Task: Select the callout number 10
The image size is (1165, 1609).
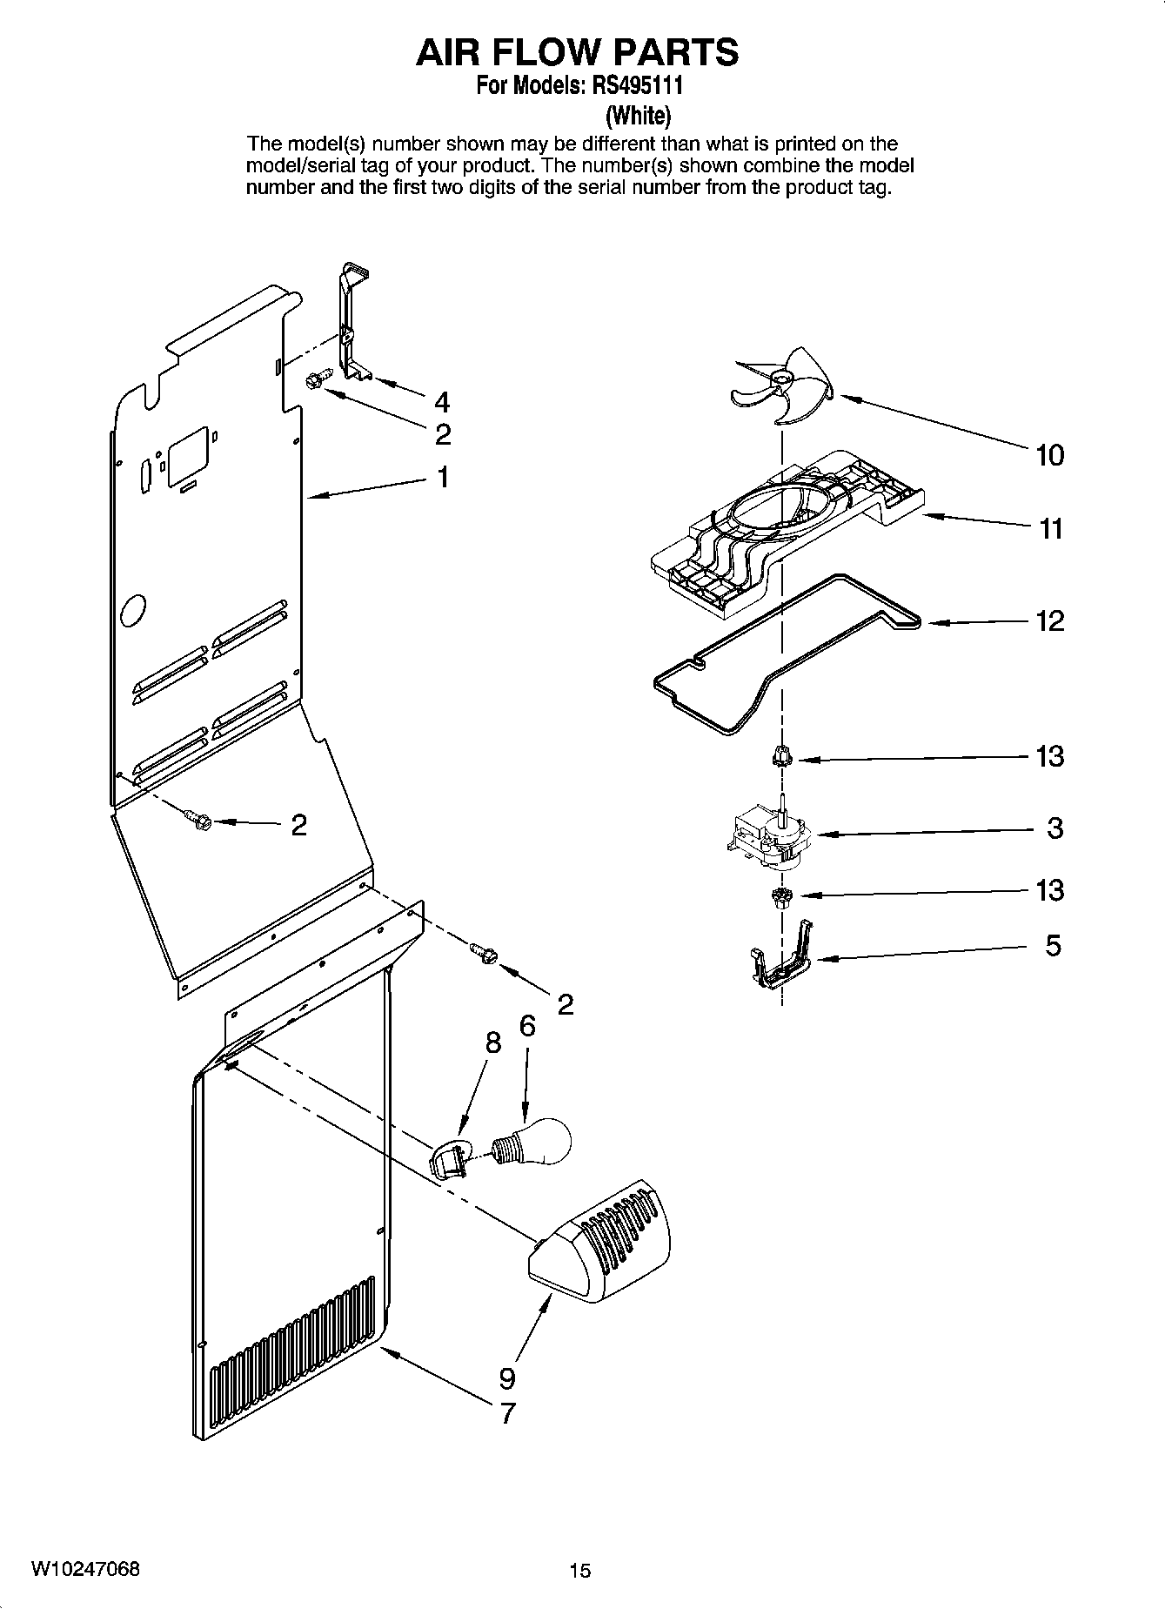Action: tap(1049, 455)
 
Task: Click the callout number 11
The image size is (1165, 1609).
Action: tap(1051, 528)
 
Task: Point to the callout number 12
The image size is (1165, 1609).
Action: tap(1050, 620)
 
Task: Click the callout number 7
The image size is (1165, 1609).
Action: tap(506, 1412)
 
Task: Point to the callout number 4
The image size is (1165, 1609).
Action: tap(442, 402)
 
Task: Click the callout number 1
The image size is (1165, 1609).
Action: tap(443, 477)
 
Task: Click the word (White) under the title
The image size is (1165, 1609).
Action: tap(638, 114)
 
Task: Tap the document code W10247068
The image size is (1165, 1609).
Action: tap(84, 1569)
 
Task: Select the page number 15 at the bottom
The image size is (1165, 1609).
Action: tap(579, 1571)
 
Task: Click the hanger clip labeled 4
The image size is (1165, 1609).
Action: tap(354, 323)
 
